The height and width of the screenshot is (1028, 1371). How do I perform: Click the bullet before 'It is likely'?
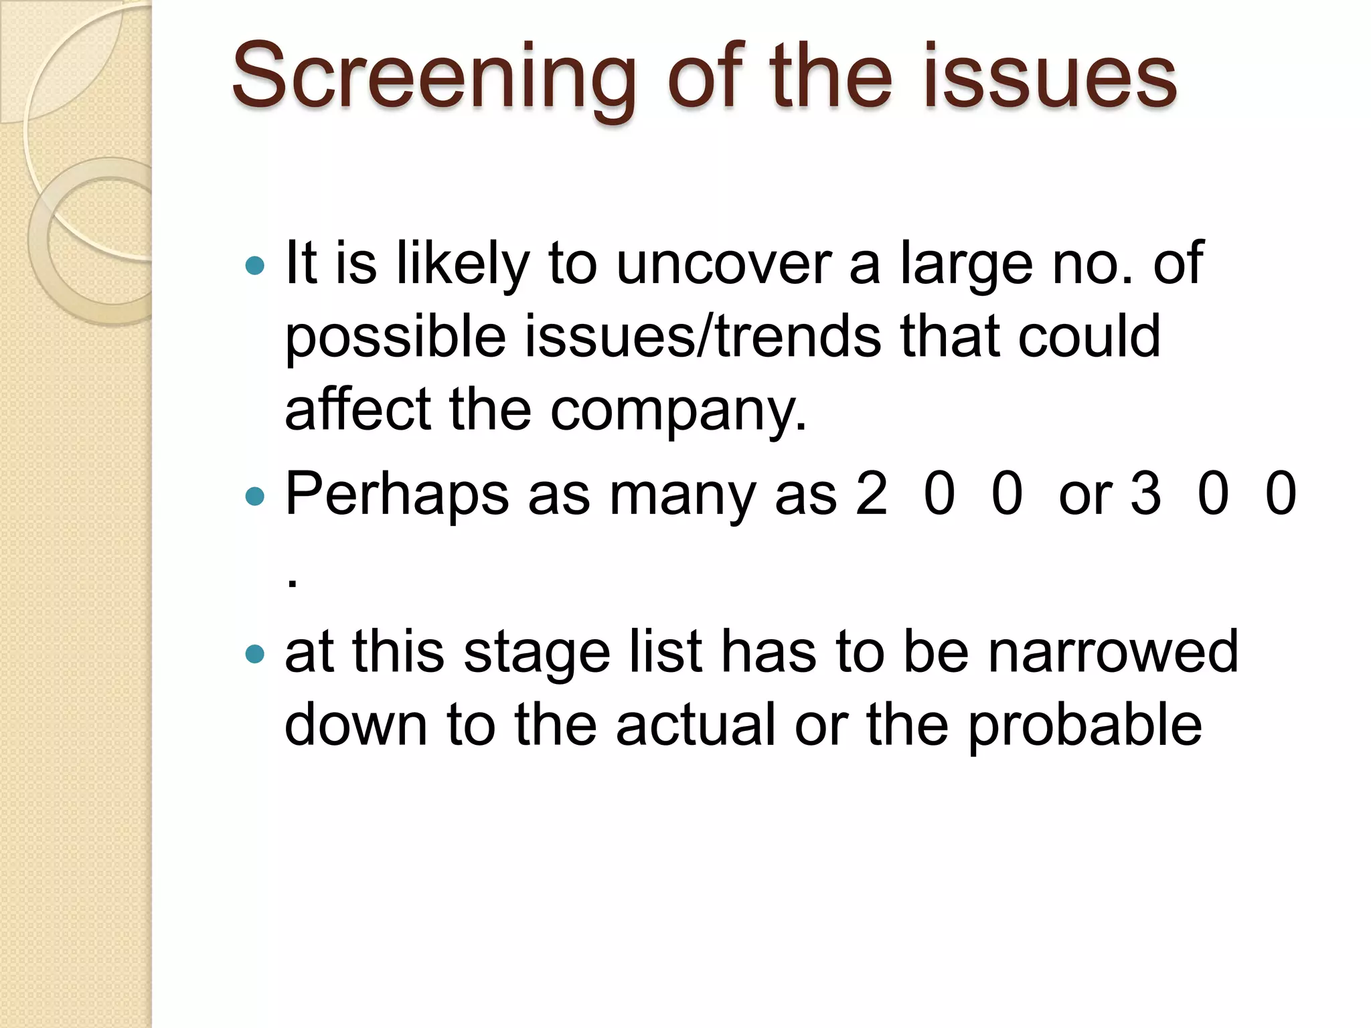(x=255, y=266)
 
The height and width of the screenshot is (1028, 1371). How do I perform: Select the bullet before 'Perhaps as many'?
(x=255, y=497)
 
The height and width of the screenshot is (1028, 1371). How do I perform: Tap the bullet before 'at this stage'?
(x=255, y=653)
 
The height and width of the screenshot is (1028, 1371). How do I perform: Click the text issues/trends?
(x=702, y=336)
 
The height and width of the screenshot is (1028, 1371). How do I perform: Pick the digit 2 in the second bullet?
(x=872, y=494)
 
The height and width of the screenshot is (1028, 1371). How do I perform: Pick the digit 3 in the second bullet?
(x=1145, y=494)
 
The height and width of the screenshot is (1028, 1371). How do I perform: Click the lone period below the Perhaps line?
(x=292, y=583)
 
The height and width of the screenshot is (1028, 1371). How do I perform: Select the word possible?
(x=395, y=337)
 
